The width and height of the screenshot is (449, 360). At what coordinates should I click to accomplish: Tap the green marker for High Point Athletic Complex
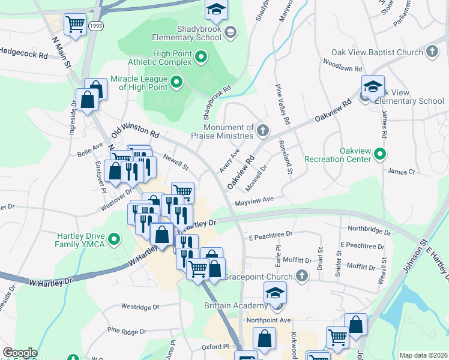[x=202, y=58]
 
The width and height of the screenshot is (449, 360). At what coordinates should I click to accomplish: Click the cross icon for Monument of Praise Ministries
[x=262, y=130]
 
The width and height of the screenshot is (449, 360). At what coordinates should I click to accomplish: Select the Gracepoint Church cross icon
[x=301, y=276]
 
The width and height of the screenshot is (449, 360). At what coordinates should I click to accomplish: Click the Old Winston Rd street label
[x=136, y=130]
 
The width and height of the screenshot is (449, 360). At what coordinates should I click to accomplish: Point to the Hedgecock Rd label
[x=24, y=52]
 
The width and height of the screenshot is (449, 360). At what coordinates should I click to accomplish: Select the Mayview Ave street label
[x=254, y=201]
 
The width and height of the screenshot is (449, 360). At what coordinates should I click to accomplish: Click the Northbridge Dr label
[x=369, y=230]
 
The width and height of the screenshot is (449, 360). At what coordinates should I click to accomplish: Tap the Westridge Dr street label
[x=140, y=306]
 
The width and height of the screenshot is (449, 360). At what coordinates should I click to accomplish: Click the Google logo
[x=20, y=353]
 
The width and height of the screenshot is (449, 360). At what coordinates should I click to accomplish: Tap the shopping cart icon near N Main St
[x=75, y=25]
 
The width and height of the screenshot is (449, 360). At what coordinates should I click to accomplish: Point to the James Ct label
[x=402, y=172]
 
